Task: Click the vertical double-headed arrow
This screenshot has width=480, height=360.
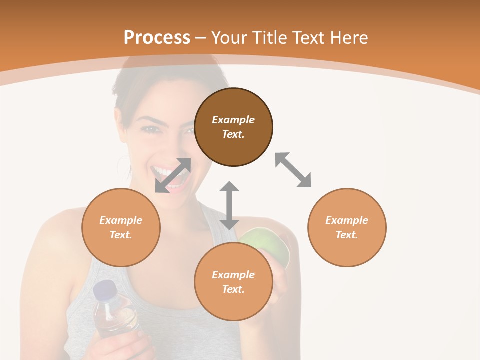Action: (x=229, y=205)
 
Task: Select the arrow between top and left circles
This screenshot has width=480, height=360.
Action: (x=173, y=175)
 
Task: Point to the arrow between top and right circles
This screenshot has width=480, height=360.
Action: (x=293, y=170)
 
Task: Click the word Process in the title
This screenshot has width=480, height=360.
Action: (x=157, y=37)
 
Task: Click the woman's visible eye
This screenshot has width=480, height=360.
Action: (x=150, y=129)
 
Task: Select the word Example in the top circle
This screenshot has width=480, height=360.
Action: (x=233, y=120)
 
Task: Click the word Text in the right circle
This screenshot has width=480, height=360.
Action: (x=347, y=235)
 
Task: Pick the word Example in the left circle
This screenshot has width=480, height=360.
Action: (x=121, y=220)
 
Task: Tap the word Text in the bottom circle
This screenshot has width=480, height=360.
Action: (x=233, y=289)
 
